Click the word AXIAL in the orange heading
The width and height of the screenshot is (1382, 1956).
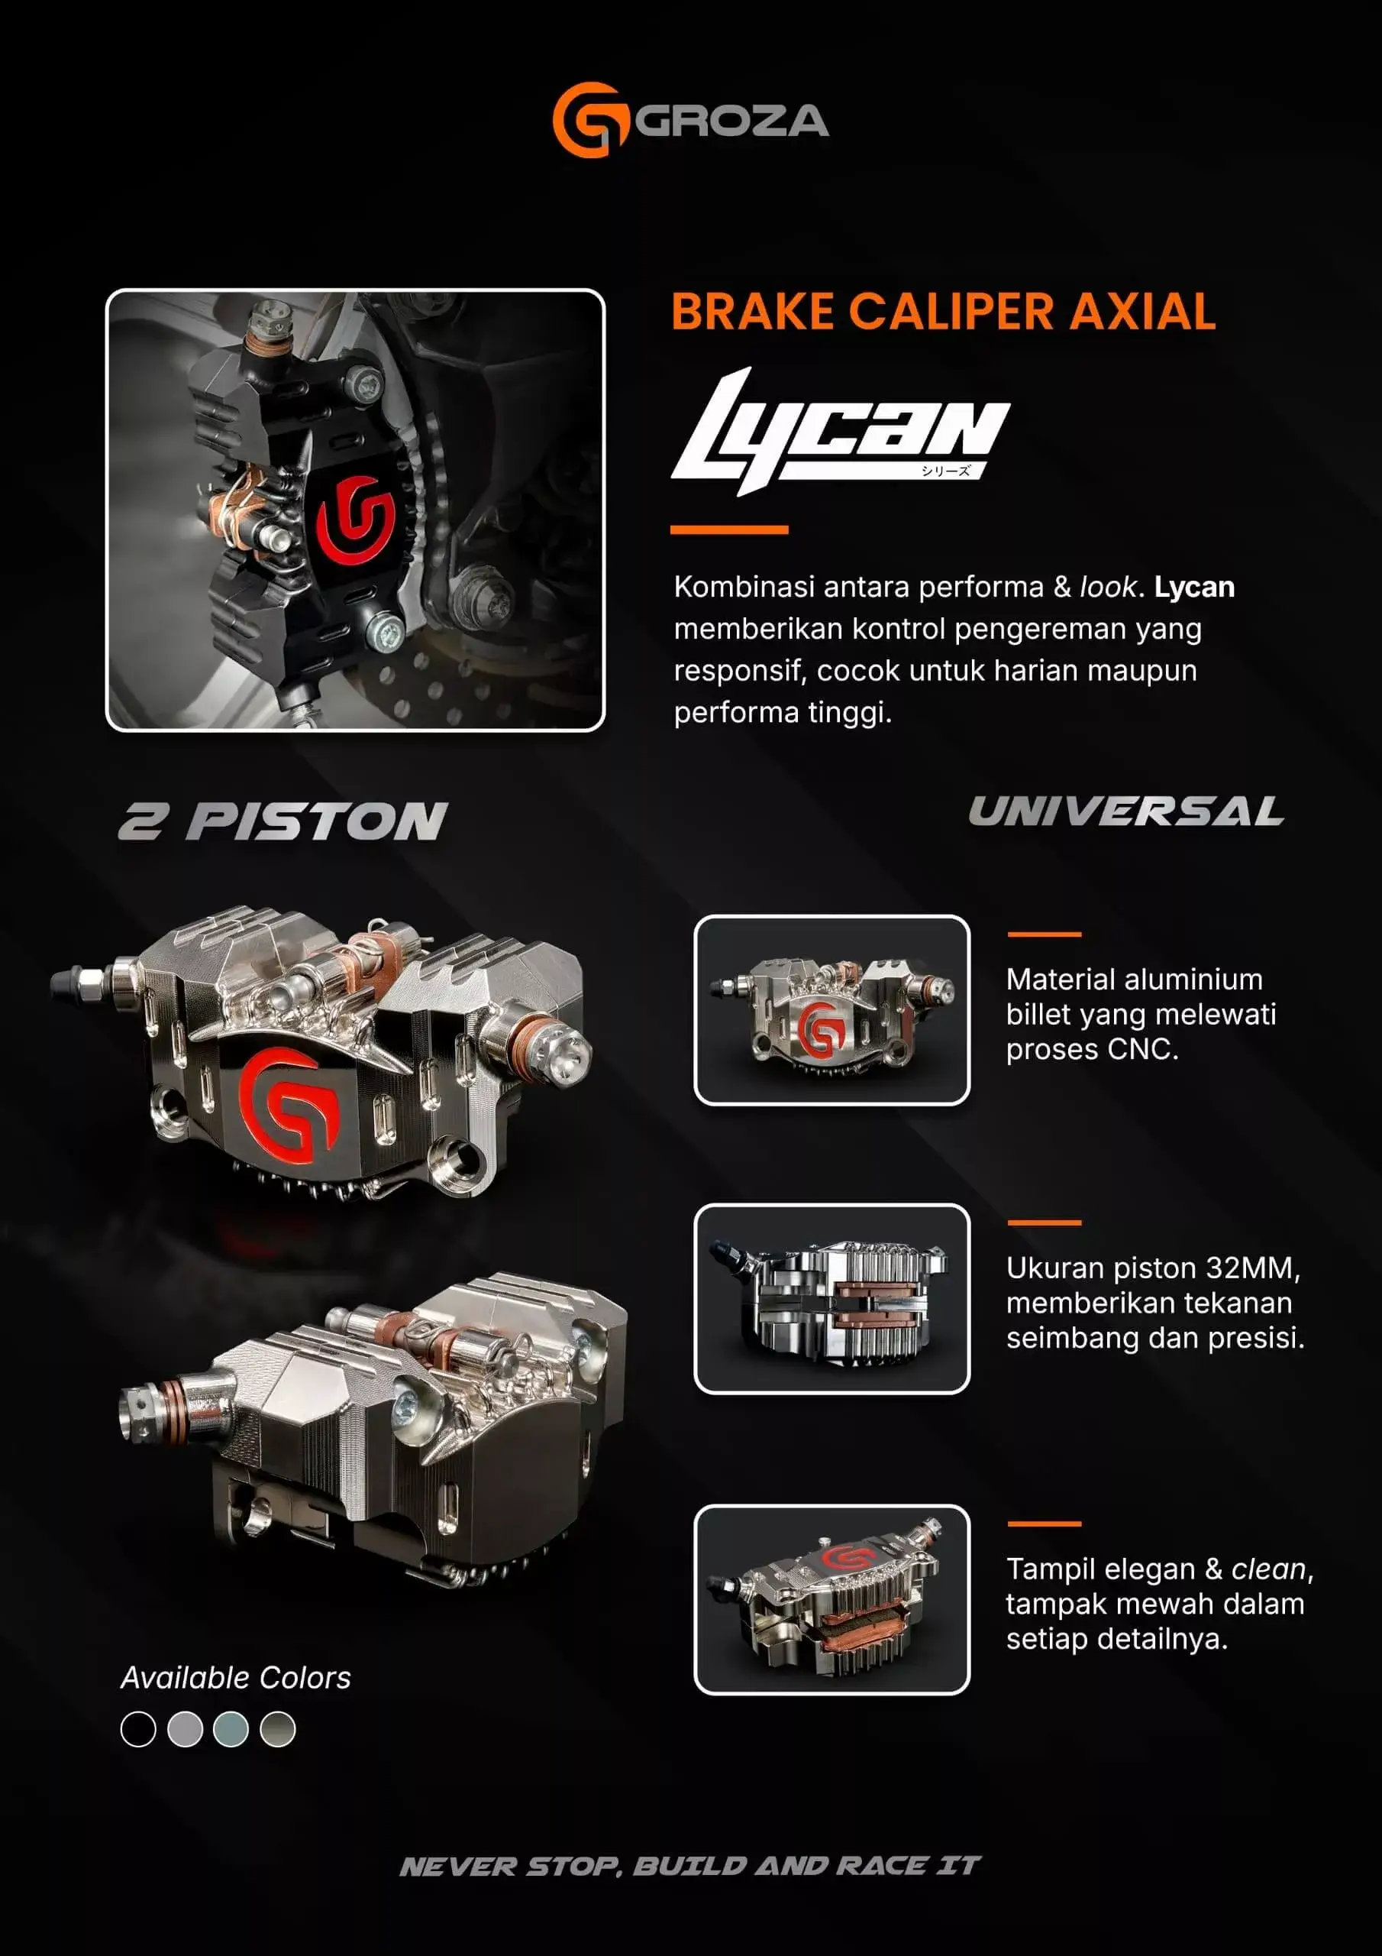point(1143,311)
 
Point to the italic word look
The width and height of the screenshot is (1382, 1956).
point(1107,587)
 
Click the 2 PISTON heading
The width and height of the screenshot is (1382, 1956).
point(283,822)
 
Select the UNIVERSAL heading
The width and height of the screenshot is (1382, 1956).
point(1125,811)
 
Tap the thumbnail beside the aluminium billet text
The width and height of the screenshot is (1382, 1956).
point(832,1010)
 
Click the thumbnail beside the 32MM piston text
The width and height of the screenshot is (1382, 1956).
point(832,1298)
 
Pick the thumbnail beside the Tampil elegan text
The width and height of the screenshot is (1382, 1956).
point(832,1600)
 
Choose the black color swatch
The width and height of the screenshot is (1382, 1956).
point(139,1729)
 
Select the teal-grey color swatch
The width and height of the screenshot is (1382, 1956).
point(231,1729)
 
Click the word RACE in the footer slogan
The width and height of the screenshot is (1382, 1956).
point(881,1867)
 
